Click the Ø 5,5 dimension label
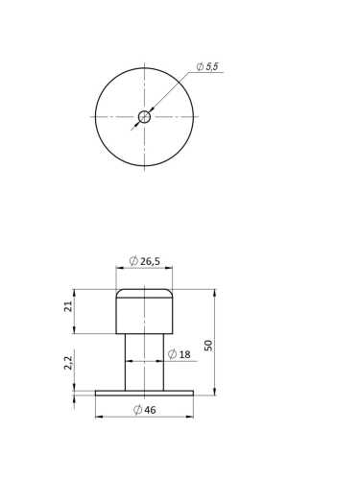[x=207, y=66]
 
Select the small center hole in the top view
[x=144, y=117]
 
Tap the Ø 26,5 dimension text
[x=144, y=261]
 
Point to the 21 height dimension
[x=68, y=306]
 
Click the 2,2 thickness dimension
[x=68, y=363]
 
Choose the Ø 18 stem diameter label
[x=179, y=354]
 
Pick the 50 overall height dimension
[x=208, y=346]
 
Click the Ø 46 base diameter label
[x=144, y=410]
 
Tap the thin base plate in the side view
[x=144, y=394]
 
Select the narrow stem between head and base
[x=144, y=362]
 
